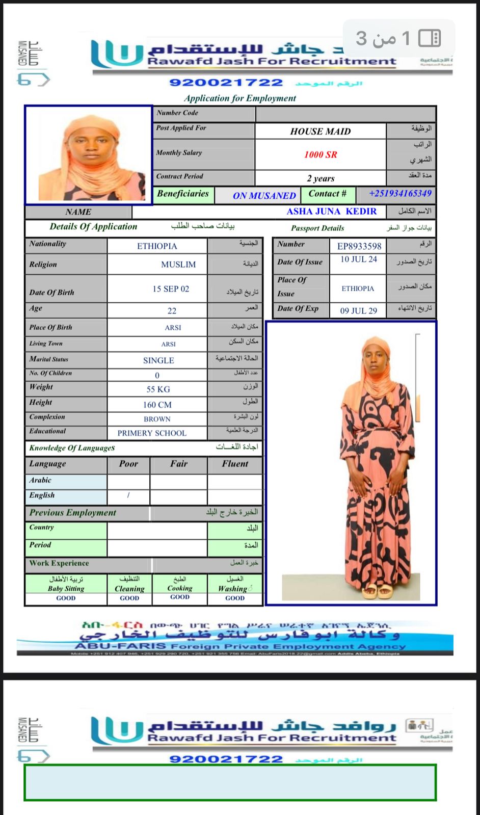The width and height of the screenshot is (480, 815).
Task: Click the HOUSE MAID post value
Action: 321,132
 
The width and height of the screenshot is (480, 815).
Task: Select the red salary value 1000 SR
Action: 321,154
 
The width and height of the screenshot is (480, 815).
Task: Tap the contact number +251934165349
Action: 400,194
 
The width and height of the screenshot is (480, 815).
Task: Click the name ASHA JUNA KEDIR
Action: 332,212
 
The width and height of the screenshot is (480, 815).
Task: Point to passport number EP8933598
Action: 359,246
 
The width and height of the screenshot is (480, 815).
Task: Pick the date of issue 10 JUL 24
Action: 359,259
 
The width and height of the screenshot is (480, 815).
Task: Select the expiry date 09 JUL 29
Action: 359,311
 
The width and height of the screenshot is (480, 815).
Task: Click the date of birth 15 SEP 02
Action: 171,289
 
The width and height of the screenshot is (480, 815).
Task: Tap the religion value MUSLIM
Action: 178,265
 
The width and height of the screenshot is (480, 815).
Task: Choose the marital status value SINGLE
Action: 158,360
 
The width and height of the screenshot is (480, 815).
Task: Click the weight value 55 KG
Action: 158,389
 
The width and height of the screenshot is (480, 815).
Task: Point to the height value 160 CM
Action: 157,405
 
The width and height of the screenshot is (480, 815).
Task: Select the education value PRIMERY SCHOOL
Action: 152,433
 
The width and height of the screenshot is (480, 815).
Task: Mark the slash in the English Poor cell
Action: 128,495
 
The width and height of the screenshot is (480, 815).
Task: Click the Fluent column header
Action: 235,464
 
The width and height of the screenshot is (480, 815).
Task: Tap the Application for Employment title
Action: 240,98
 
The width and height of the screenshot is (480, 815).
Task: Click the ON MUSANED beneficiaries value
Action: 264,196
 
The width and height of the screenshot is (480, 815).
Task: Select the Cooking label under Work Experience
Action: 180,588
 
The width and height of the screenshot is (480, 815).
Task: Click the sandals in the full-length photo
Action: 378,592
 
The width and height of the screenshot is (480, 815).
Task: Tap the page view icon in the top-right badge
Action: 430,38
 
